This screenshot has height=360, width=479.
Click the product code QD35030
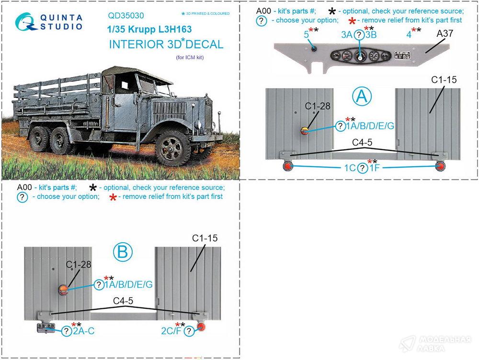tap(126, 16)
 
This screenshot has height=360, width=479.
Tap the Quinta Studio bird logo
tap(26, 22)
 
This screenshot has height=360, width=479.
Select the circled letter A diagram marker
tap(362, 97)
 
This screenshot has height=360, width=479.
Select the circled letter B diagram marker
tap(123, 252)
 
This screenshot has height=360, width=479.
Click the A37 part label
tap(445, 34)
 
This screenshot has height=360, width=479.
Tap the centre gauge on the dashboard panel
tap(360, 56)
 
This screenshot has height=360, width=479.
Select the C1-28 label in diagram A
tap(318, 106)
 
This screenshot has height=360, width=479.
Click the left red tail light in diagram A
tap(288, 167)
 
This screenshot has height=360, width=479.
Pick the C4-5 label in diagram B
tap(123, 301)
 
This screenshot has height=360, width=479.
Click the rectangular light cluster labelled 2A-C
tap(46, 328)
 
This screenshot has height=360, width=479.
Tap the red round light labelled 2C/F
tap(201, 326)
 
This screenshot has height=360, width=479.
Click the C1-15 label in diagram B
tap(205, 238)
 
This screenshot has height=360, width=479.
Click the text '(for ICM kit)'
tap(190, 57)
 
